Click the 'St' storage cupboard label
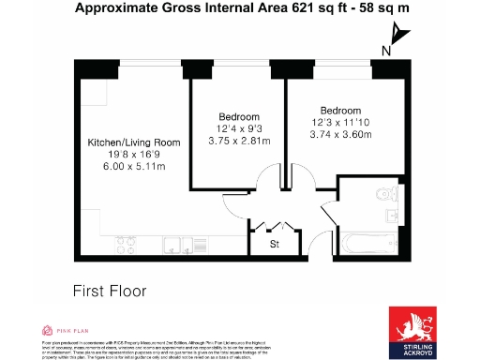pos(275,246)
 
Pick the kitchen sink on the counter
pos(172,246)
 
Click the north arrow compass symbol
pos(400,35)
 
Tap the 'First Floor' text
pos(110,292)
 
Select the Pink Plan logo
pos(66,330)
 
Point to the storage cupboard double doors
pos(274,226)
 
